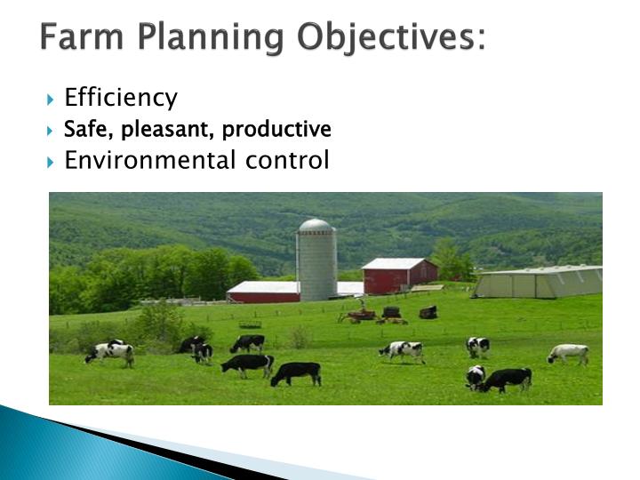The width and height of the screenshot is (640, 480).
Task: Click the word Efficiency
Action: click(x=121, y=98)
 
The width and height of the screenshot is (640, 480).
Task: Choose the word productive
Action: click(x=276, y=130)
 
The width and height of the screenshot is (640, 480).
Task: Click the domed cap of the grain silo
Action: click(x=316, y=226)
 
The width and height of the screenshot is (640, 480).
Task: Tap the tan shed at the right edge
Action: click(x=539, y=282)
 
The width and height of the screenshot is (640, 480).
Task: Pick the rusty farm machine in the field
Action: click(x=361, y=314)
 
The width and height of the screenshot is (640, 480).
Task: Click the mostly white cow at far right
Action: click(x=568, y=353)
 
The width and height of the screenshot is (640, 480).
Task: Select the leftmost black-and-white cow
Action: click(x=109, y=352)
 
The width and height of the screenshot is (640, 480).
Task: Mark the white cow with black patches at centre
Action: click(x=402, y=350)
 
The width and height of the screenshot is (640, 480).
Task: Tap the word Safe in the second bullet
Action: click(x=81, y=130)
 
